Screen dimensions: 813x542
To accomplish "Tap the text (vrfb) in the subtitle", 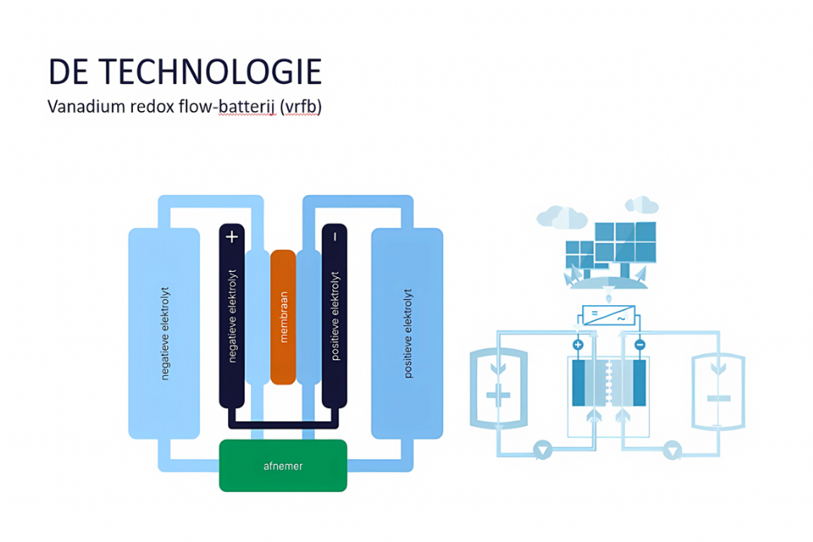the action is pyautogui.click(x=301, y=107).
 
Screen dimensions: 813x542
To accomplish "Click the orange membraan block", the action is pyautogui.click(x=283, y=317).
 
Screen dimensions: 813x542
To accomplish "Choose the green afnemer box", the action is pyautogui.click(x=283, y=466).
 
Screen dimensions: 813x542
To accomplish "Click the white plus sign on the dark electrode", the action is pyautogui.click(x=232, y=237).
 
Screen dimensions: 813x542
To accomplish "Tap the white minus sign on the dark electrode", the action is pyautogui.click(x=335, y=237).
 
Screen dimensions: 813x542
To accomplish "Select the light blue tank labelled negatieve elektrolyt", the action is pyautogui.click(x=163, y=333).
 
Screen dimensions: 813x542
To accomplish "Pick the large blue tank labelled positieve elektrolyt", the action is pyautogui.click(x=407, y=333).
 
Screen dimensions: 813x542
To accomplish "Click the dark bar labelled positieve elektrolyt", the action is pyautogui.click(x=335, y=316).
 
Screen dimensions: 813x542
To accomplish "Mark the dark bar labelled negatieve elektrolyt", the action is pyautogui.click(x=232, y=316).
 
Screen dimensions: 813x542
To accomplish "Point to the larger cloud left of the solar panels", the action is pyautogui.click(x=562, y=217).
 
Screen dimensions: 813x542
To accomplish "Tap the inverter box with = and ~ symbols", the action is pyautogui.click(x=608, y=315).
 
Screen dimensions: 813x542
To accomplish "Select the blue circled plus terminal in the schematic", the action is pyautogui.click(x=578, y=344).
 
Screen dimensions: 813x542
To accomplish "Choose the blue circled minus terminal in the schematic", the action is pyautogui.click(x=640, y=344).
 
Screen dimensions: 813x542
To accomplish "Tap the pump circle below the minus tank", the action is pyautogui.click(x=672, y=449).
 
